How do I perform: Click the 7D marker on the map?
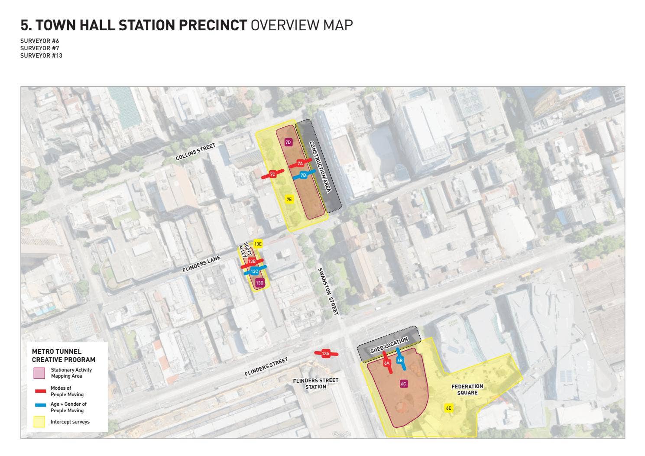(288, 142)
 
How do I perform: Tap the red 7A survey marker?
(300, 163)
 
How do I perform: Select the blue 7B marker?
(303, 175)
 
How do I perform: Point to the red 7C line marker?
(272, 174)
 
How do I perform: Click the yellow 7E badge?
(289, 199)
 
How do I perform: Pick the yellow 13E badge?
(258, 244)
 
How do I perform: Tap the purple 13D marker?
(259, 283)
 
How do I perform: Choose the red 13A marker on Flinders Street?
(326, 353)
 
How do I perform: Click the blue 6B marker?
(400, 360)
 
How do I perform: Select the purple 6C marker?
(403, 384)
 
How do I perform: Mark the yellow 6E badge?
(449, 408)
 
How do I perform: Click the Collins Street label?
(195, 152)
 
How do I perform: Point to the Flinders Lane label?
(201, 264)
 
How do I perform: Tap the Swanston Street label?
(328, 291)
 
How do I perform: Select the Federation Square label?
(467, 389)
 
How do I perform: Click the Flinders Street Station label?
(315, 383)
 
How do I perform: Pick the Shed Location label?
(389, 345)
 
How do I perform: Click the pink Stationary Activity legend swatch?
(39, 373)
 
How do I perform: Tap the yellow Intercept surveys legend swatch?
(39, 422)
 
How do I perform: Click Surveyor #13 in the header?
(41, 55)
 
